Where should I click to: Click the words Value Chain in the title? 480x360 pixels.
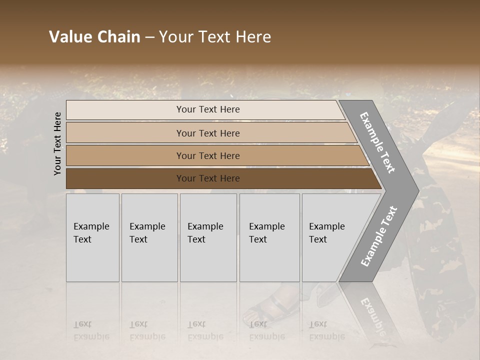[94, 37]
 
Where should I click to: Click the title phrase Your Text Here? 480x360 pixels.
[215, 37]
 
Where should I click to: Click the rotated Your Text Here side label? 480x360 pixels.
[57, 143]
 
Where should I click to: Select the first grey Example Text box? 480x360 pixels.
[92, 237]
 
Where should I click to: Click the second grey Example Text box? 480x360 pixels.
[149, 237]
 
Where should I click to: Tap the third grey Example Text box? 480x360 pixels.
[208, 237]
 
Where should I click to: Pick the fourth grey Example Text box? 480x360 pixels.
[269, 237]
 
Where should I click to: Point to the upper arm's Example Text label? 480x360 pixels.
[377, 142]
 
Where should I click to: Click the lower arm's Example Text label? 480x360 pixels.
[378, 236]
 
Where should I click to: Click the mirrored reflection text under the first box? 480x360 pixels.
[91, 330]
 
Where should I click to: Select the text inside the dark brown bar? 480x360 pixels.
[208, 178]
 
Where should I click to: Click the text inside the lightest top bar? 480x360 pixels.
[208, 109]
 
